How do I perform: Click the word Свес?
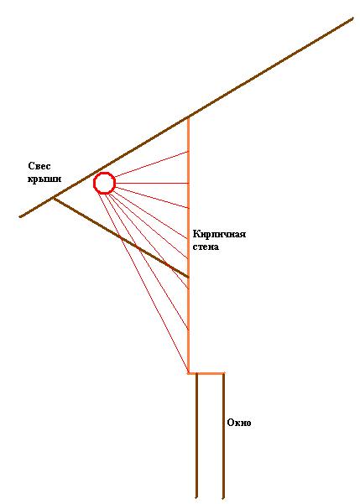pos(39,166)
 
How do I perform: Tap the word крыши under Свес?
pos(44,179)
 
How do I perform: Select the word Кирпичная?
pos(219,234)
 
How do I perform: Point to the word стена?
pos(206,247)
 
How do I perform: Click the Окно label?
pos(238,423)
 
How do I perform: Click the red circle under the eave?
pos(104,173)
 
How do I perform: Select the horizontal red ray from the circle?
pos(152,183)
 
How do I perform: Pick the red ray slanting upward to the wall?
pos(151,164)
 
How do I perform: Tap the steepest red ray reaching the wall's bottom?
pos(143,283)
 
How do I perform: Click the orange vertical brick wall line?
pos(188,245)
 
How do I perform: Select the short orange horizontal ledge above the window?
pos(206,373)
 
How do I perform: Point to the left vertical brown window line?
pos(196,436)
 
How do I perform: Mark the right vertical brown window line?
pos(223,436)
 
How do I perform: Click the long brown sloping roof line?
pos(186,117)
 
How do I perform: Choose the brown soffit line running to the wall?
pos(121,237)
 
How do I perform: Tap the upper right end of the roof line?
pos(353,18)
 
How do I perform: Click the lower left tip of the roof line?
pos(20,216)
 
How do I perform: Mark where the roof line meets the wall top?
pos(188,117)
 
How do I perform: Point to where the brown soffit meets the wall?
pos(188,277)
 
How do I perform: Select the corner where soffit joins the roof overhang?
pos(54,198)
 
